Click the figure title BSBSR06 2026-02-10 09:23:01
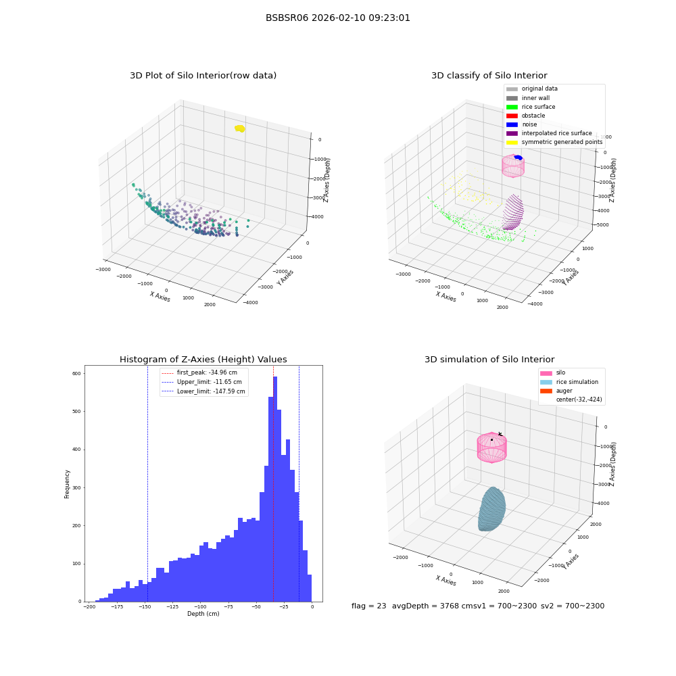pyautogui.click(x=337, y=18)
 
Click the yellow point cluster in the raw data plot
pyautogui.click(x=240, y=128)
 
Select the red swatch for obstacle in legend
pyautogui.click(x=512, y=116)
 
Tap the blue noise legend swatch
pyautogui.click(x=512, y=124)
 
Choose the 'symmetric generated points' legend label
pyautogui.click(x=562, y=142)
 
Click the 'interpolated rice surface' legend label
pyautogui.click(x=556, y=133)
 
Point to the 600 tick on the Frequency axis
pyautogui.click(x=76, y=374)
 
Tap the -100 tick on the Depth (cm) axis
pyautogui.click(x=199, y=606)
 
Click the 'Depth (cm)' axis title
pyautogui.click(x=203, y=614)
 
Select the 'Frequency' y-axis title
pyautogui.click(x=67, y=484)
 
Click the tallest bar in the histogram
pyautogui.click(x=275, y=489)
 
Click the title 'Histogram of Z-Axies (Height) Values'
pyautogui.click(x=203, y=360)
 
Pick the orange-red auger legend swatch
pyautogui.click(x=546, y=391)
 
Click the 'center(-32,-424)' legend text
pyautogui.click(x=579, y=400)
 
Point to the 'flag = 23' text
pyautogui.click(x=368, y=606)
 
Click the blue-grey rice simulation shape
pyautogui.click(x=491, y=509)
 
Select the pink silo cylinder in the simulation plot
pyautogui.click(x=492, y=447)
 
